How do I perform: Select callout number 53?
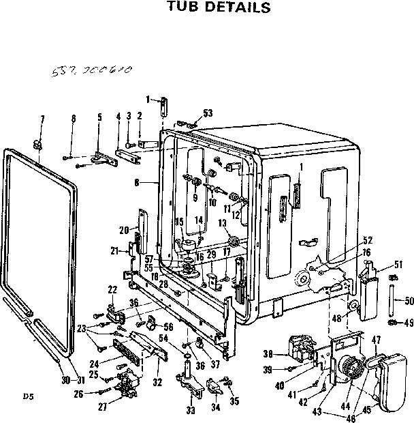pyautogui.click(x=208, y=113)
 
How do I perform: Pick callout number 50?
pyautogui.click(x=409, y=301)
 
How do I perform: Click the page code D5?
pyautogui.click(x=27, y=396)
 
